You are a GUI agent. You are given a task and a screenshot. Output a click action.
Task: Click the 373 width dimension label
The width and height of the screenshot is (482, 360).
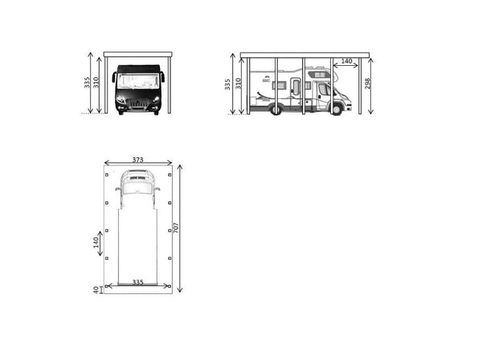pyautogui.click(x=137, y=160)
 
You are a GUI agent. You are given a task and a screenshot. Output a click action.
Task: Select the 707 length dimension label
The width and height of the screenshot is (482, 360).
pyautogui.click(x=176, y=227)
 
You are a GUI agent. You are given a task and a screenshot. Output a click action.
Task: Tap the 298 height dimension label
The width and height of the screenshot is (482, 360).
pyautogui.click(x=368, y=84)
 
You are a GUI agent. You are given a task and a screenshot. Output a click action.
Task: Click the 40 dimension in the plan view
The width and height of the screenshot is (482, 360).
pyautogui.click(x=96, y=290)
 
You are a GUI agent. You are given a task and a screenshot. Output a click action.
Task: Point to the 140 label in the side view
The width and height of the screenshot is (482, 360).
pyautogui.click(x=346, y=61)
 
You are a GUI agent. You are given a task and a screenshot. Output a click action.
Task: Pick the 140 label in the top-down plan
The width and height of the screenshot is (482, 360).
pyautogui.click(x=96, y=243)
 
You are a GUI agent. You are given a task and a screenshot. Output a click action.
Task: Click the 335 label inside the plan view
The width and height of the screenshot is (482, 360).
pyautogui.click(x=137, y=282)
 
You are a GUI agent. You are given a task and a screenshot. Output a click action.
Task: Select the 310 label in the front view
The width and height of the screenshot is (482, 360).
pyautogui.click(x=96, y=83)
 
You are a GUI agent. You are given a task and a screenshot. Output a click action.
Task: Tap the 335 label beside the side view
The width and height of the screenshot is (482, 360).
pyautogui.click(x=227, y=84)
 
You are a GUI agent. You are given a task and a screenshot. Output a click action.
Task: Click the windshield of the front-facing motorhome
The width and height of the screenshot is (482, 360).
pyautogui.click(x=138, y=81)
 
